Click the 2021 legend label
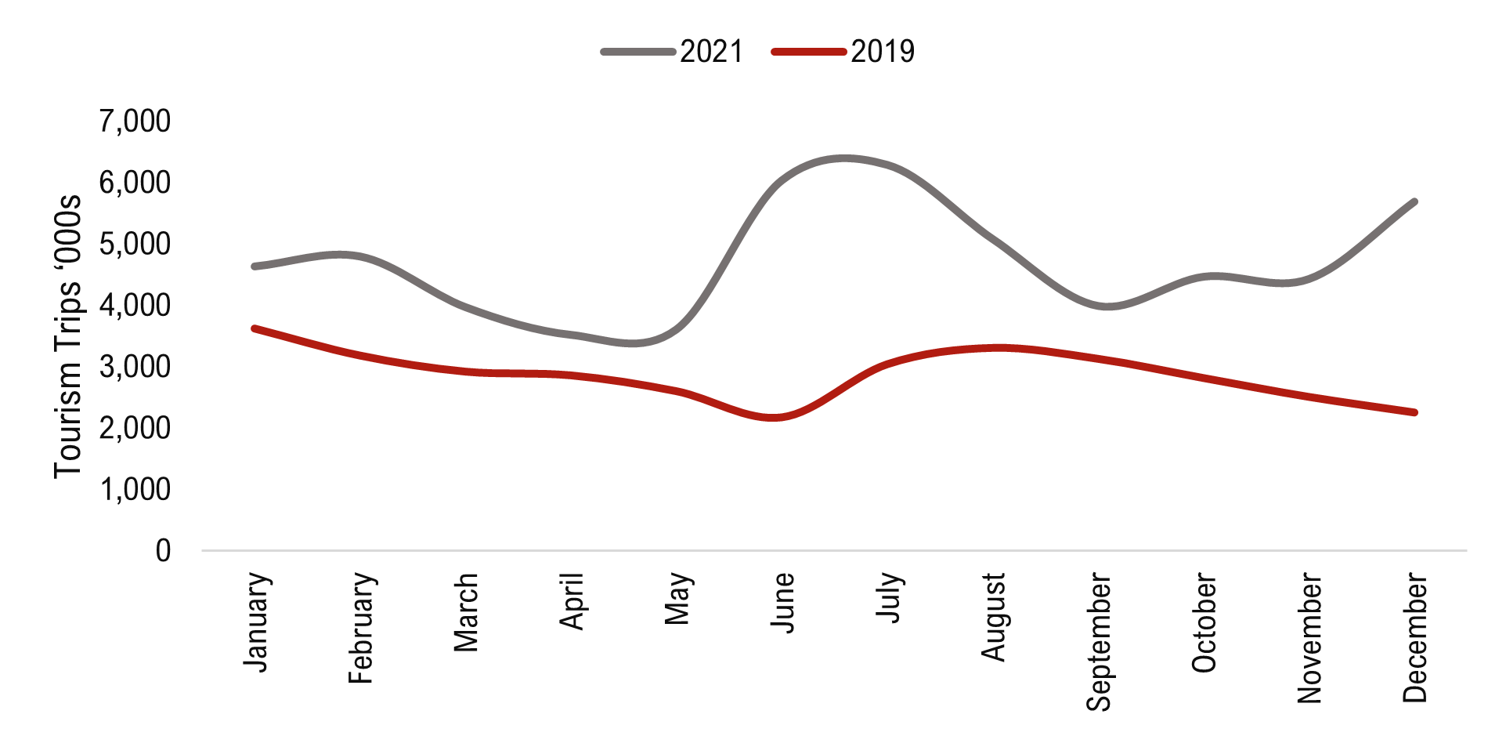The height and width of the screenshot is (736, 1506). (x=711, y=52)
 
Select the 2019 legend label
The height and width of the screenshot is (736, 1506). (x=883, y=52)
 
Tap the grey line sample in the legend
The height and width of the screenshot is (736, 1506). (x=638, y=53)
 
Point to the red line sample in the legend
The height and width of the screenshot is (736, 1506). (x=809, y=53)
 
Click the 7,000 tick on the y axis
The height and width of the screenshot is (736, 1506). (x=135, y=121)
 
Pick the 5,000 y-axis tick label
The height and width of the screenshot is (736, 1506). (x=135, y=245)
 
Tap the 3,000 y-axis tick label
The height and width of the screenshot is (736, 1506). (x=135, y=367)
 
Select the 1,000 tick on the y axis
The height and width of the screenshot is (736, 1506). (x=135, y=490)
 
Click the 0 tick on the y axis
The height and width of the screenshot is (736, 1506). (x=163, y=551)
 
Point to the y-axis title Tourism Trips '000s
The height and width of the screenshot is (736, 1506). (x=68, y=335)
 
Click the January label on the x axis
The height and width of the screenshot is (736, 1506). (x=258, y=622)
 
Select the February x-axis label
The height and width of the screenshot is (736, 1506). (x=362, y=628)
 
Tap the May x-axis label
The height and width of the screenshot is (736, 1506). (x=678, y=599)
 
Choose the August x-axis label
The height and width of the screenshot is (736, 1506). (x=994, y=617)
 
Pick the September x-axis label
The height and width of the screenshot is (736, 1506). (x=1099, y=642)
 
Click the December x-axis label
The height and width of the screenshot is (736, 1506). (x=1414, y=637)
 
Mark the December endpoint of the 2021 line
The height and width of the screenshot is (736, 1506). (x=1414, y=202)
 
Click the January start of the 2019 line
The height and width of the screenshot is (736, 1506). (x=255, y=328)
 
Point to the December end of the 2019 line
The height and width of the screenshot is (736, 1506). (x=1414, y=412)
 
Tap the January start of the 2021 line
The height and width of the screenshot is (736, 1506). (x=255, y=266)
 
